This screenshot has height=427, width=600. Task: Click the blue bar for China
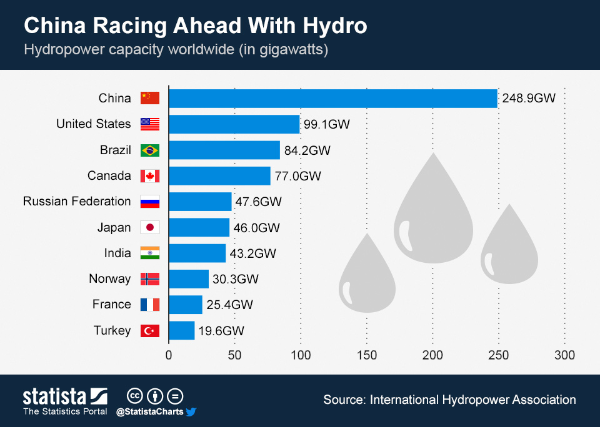332,99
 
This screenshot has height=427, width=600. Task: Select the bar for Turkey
182,330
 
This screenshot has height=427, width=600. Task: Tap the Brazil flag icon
150,150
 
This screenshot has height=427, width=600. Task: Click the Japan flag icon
150,228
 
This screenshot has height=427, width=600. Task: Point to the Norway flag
150,279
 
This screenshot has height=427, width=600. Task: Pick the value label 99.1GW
326,125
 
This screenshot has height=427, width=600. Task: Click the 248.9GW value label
528,99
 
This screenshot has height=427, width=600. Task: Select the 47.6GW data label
258,202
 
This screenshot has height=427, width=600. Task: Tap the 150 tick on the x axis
367,355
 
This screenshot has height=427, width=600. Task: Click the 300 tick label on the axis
565,355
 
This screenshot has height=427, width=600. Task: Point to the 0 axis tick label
169,355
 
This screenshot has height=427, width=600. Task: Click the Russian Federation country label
77,202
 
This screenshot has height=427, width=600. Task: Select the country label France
112,305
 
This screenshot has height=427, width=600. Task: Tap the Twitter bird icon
191,412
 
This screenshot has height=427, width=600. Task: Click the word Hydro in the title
332,26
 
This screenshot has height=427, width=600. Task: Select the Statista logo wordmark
55,396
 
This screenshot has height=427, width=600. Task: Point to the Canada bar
219,176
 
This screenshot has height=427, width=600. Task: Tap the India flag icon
150,253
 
